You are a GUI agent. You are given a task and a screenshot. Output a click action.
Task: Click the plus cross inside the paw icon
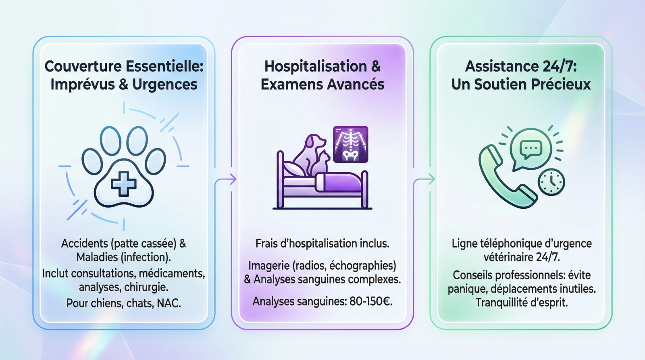(123, 183)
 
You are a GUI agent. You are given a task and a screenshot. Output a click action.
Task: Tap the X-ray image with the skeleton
(350, 144)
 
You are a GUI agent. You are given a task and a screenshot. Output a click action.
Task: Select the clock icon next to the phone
(551, 182)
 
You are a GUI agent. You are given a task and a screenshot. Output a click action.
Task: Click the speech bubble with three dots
(531, 149)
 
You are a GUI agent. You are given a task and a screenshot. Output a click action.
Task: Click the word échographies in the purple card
(362, 266)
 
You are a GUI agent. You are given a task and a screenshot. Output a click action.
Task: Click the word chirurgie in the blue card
(146, 287)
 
